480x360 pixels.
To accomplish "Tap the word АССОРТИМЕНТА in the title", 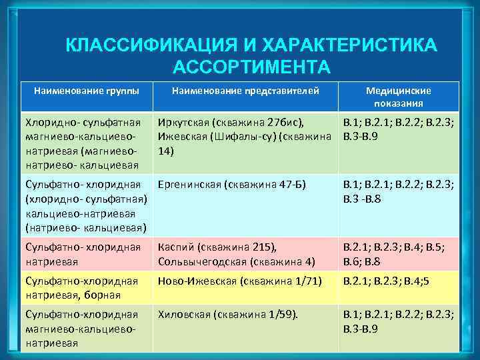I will coord(251,67).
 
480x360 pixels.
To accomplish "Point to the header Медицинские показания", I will coord(399,97).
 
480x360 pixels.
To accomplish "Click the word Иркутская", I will coord(182,123).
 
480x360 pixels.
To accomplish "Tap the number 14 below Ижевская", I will coord(165,151).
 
